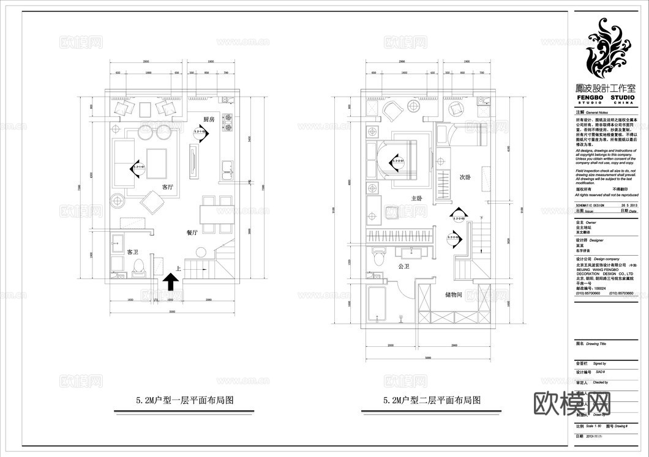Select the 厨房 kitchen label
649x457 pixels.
pyautogui.click(x=209, y=119)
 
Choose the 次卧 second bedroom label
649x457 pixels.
pyautogui.click(x=465, y=177)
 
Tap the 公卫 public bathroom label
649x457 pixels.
pyautogui.click(x=403, y=267)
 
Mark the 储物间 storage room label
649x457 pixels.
pyautogui.click(x=454, y=294)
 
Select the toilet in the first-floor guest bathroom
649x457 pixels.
pyautogui.click(x=138, y=266)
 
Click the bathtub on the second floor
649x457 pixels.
pyautogui.click(x=377, y=303)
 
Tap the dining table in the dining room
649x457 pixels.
pyautogui.click(x=208, y=215)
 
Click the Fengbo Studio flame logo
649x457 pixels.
pyautogui.click(x=606, y=49)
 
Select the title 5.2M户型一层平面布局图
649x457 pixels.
pyautogui.click(x=186, y=401)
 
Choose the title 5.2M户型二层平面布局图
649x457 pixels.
pyautogui.click(x=432, y=401)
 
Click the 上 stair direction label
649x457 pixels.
pyautogui.click(x=178, y=267)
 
